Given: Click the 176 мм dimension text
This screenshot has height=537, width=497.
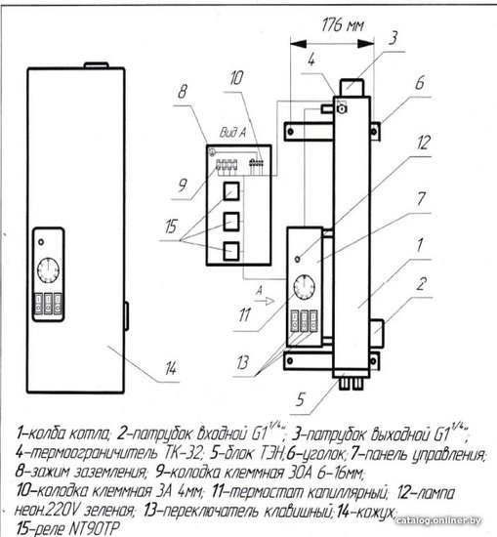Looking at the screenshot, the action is click(x=343, y=24).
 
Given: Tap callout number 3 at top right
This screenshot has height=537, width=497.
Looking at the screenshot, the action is click(x=393, y=38).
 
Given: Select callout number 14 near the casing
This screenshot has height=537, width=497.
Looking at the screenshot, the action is click(x=170, y=368).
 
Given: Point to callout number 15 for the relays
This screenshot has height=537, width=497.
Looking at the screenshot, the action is click(x=171, y=227).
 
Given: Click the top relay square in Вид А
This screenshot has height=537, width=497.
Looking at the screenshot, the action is click(x=231, y=191).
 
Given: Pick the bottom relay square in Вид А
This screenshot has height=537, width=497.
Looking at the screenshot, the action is click(x=231, y=251).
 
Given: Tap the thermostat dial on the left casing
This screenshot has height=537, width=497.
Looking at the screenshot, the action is click(x=48, y=270).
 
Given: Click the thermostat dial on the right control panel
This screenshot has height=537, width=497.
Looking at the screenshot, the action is click(x=305, y=287).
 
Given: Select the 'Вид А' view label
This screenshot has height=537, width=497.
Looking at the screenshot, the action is click(x=232, y=133).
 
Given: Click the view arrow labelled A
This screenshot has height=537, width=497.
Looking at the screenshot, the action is click(x=266, y=301).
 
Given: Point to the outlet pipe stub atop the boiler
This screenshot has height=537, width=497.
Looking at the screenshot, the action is click(x=352, y=88).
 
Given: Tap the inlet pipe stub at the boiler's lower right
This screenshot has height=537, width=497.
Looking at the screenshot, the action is click(x=377, y=332).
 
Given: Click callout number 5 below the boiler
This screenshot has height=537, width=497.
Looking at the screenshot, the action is click(x=300, y=399).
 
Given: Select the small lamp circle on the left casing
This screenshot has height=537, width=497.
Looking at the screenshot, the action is click(x=41, y=242).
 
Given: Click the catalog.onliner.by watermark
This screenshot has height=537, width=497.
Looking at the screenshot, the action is click(x=437, y=521).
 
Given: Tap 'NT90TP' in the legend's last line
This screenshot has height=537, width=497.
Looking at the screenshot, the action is click(x=94, y=528).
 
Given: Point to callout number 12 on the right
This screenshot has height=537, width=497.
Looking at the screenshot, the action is click(x=423, y=143).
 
